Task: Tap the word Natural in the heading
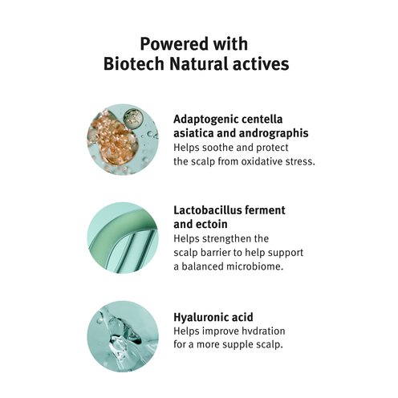pyautogui.click(x=198, y=64)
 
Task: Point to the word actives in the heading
pyautogui.click(x=261, y=64)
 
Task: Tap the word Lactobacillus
pyautogui.click(x=207, y=210)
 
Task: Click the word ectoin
pyautogui.click(x=212, y=224)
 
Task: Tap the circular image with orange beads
pyautogui.click(x=123, y=140)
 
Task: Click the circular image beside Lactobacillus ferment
pyautogui.click(x=123, y=238)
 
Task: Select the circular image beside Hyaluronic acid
pyautogui.click(x=123, y=336)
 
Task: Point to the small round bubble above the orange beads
pyautogui.click(x=133, y=119)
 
